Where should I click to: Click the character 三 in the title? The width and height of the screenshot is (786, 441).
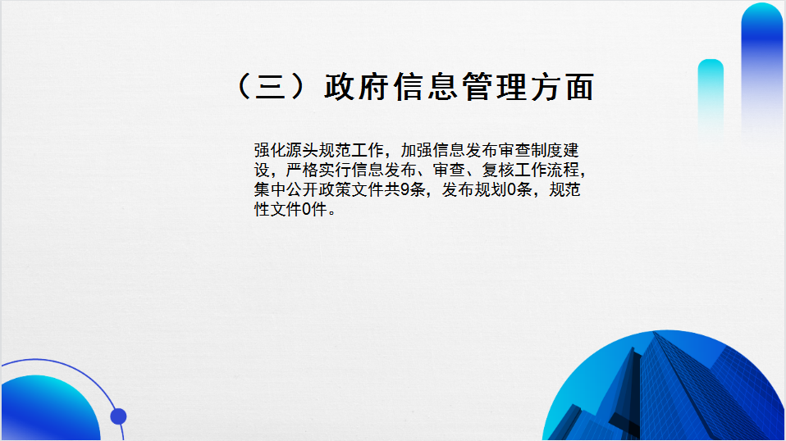pyautogui.click(x=271, y=87)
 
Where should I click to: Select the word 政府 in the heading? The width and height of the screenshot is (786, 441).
pyautogui.click(x=356, y=87)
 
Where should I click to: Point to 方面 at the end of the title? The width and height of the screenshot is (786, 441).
pyautogui.click(x=563, y=87)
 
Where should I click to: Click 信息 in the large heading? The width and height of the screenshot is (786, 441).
pyautogui.click(x=426, y=87)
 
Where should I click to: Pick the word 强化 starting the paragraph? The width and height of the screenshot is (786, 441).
pyautogui.click(x=270, y=150)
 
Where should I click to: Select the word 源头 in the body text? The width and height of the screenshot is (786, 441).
pyautogui.click(x=302, y=150)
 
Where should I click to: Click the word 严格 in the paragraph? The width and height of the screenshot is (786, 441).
pyautogui.click(x=302, y=170)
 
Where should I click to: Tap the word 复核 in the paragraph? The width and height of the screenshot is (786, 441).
pyautogui.click(x=498, y=170)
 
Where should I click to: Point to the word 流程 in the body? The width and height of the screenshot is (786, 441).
pyautogui.click(x=563, y=170)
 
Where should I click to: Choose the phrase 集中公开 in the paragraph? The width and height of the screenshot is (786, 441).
pyautogui.click(x=286, y=189)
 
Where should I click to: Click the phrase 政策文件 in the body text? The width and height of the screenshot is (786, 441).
pyautogui.click(x=351, y=189)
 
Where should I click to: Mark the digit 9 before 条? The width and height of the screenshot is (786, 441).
pyautogui.click(x=405, y=189)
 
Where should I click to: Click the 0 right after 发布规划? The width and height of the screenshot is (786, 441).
pyautogui.click(x=511, y=189)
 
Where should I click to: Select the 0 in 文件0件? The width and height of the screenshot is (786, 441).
pyautogui.click(x=307, y=209)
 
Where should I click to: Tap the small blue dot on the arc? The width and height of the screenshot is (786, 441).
pyautogui.click(x=118, y=416)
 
